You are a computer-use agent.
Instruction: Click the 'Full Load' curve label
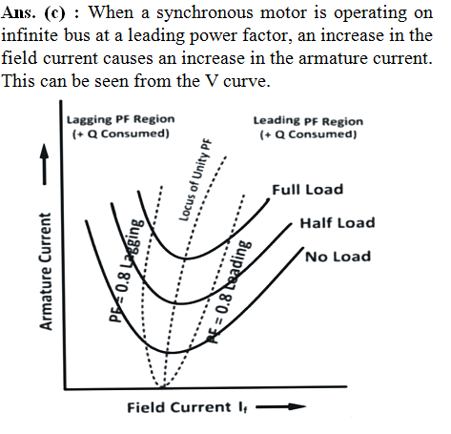(x=308, y=190)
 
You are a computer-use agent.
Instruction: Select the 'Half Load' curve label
(x=338, y=223)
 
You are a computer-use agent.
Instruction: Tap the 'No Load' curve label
(x=338, y=257)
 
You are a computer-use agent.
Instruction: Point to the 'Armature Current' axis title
(x=45, y=272)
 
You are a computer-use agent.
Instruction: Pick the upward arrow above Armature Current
(x=45, y=164)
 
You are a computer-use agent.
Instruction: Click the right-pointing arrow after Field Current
(x=281, y=406)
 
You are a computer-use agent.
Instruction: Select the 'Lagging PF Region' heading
(x=121, y=119)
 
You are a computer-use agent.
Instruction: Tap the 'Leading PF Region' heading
(x=308, y=121)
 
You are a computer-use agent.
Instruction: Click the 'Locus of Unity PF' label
(x=195, y=180)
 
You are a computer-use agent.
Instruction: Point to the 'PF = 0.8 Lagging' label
(x=126, y=270)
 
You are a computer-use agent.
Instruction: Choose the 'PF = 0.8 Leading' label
(x=230, y=292)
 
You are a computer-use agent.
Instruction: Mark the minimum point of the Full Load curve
(x=184, y=258)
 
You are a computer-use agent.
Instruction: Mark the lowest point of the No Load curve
(x=170, y=353)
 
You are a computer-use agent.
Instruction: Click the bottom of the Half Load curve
(x=180, y=304)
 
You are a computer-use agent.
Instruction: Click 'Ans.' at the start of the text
(x=18, y=13)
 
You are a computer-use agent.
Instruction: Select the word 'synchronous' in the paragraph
(x=205, y=13)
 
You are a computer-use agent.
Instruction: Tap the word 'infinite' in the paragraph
(x=30, y=35)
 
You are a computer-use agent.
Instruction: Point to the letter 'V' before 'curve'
(x=212, y=81)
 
